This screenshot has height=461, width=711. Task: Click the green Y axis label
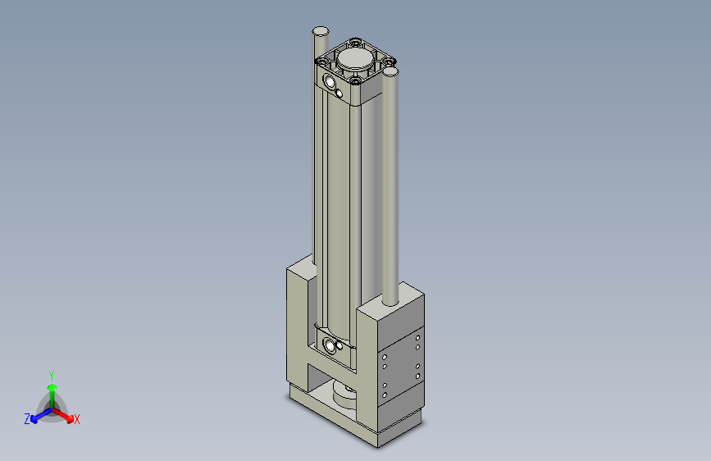(x=51, y=374)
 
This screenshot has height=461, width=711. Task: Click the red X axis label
(x=77, y=420)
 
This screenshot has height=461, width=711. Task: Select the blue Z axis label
(x=27, y=419)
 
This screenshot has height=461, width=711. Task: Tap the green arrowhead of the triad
(x=52, y=385)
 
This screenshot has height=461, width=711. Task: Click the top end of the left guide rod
(x=320, y=31)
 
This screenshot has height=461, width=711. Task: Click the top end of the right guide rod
(x=390, y=72)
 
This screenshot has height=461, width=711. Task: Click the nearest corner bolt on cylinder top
(x=354, y=80)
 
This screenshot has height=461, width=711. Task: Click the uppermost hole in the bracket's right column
(x=418, y=336)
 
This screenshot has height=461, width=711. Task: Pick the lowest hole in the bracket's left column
(x=384, y=396)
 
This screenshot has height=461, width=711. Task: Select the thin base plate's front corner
(x=378, y=445)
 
